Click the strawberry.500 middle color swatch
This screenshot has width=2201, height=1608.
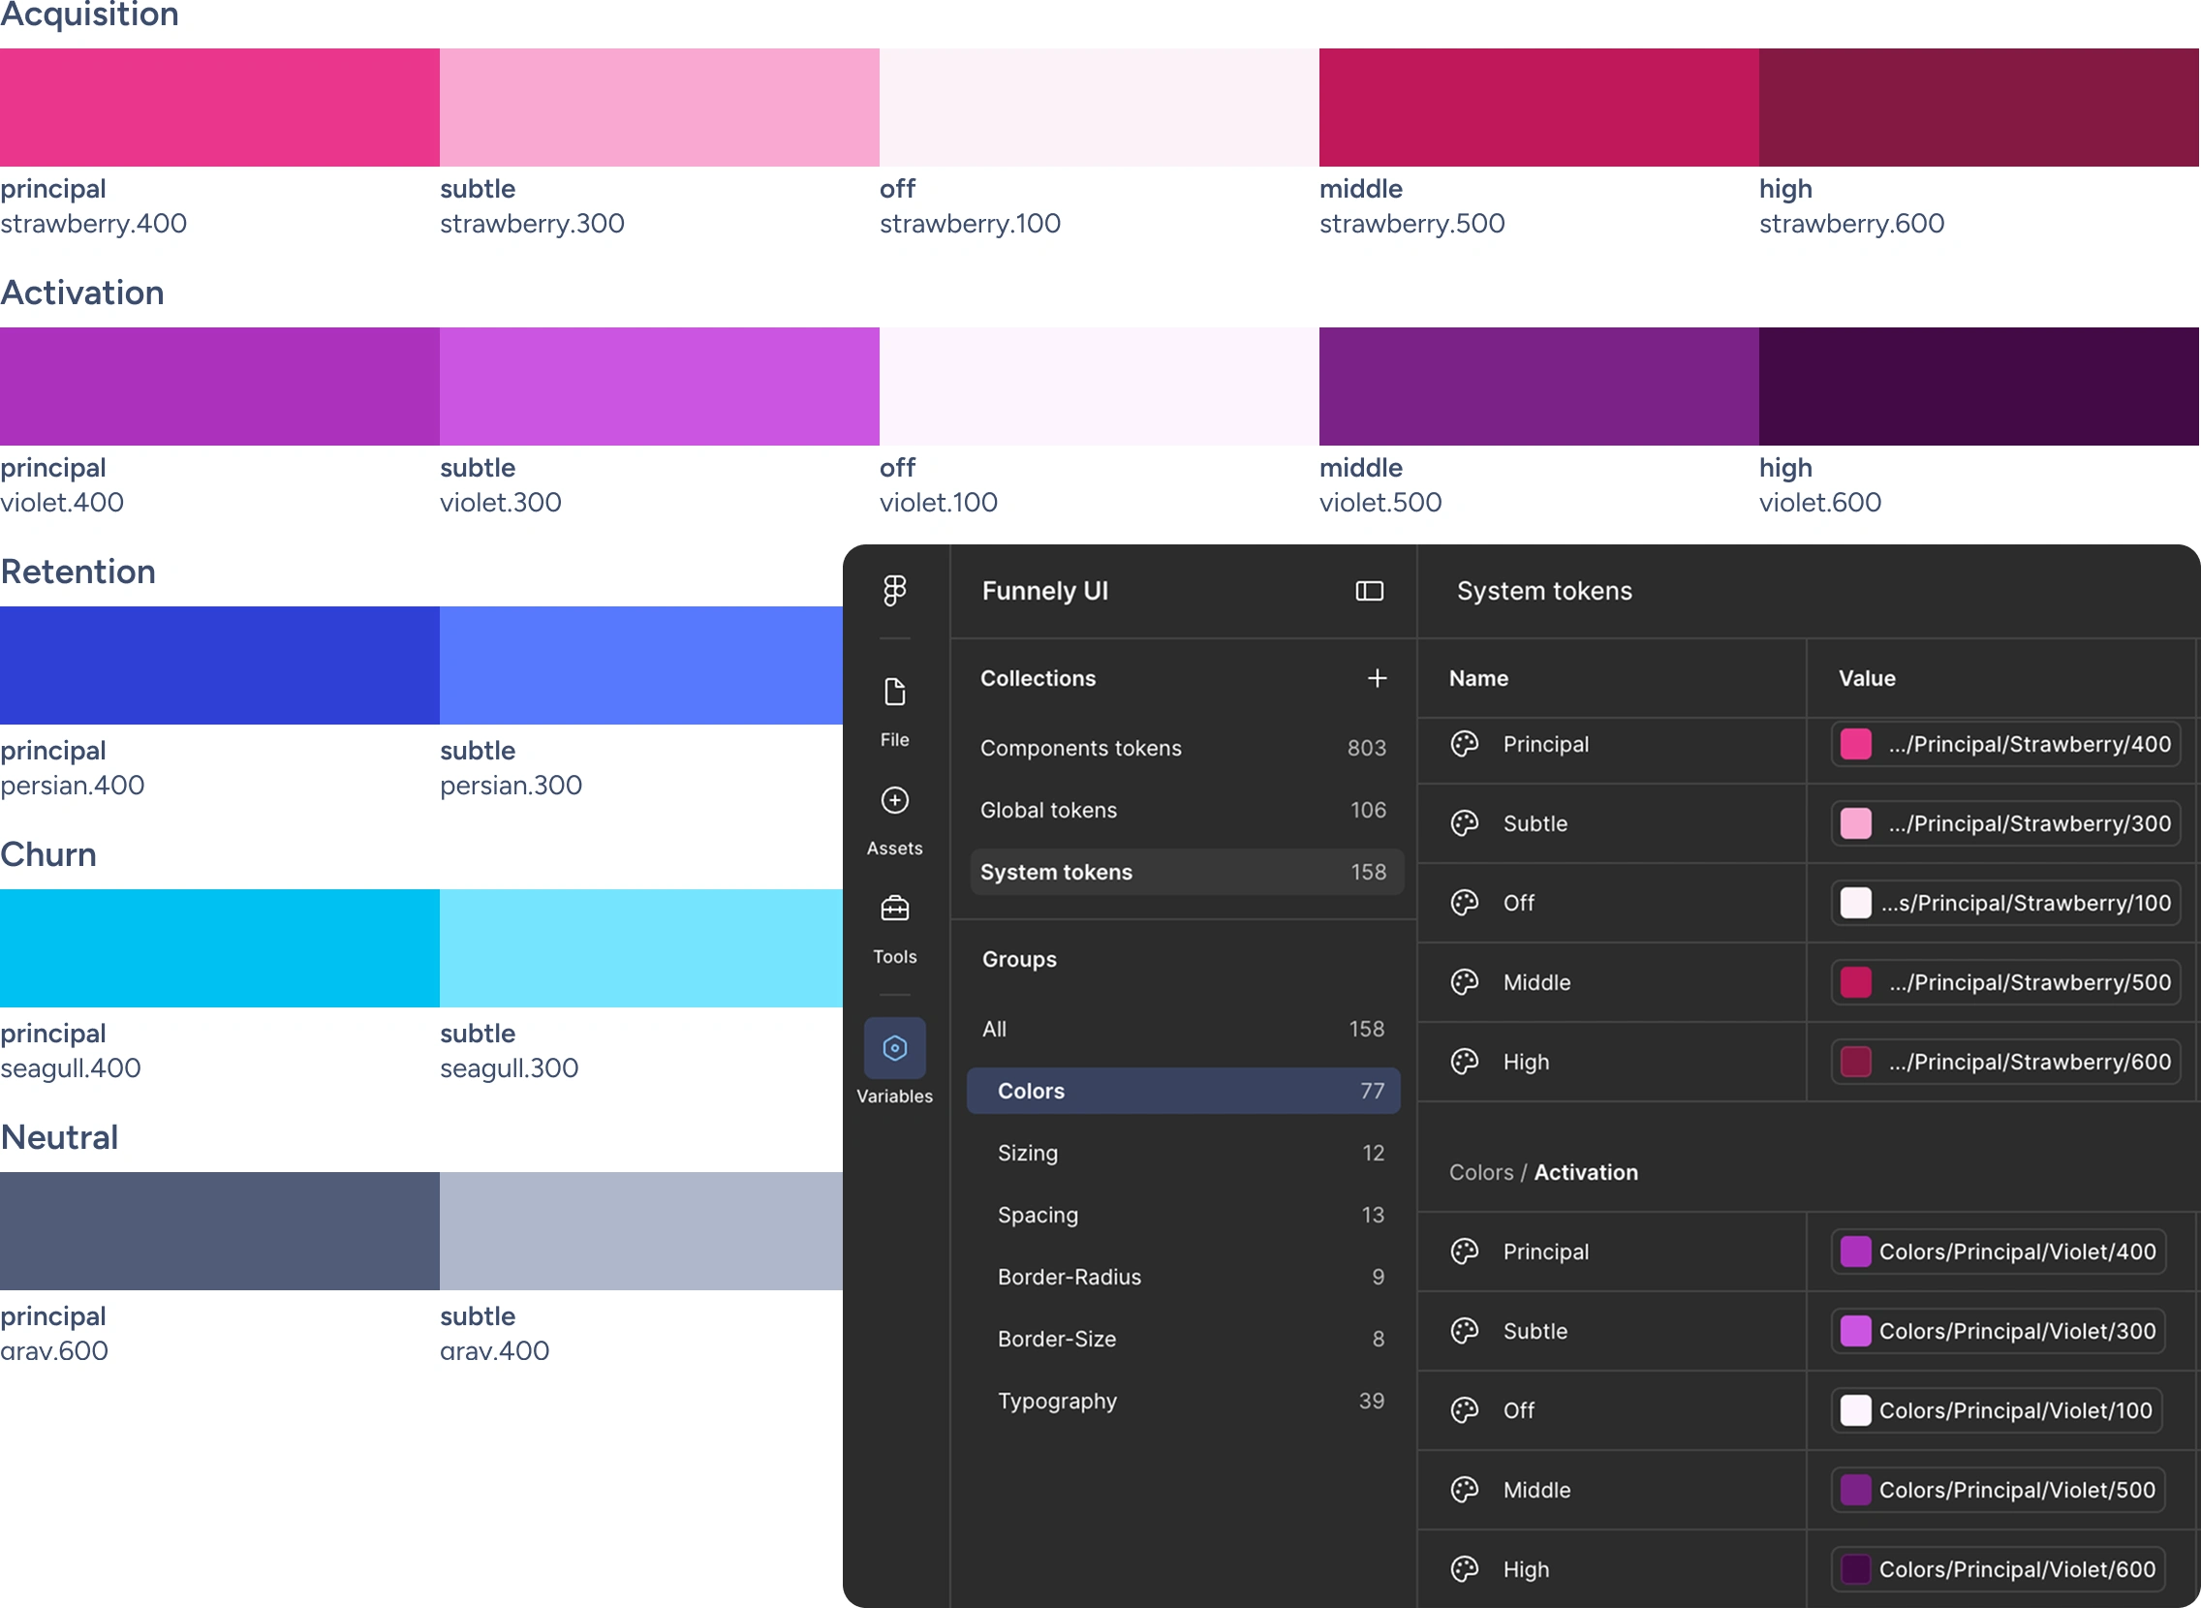coord(1539,108)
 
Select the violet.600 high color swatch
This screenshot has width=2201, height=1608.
coord(1979,387)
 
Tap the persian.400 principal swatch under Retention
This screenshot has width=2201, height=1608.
coord(220,665)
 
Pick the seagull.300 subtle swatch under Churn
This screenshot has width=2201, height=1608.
coord(641,948)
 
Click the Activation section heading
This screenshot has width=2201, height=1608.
coord(82,293)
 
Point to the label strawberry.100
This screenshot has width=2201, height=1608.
coord(971,224)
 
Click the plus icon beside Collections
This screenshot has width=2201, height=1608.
coord(1378,678)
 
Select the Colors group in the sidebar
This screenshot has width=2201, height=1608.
coord(1184,1091)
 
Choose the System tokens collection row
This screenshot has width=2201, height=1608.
coord(1187,872)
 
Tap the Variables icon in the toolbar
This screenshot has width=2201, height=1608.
coord(894,1048)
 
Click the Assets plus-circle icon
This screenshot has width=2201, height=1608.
coord(894,800)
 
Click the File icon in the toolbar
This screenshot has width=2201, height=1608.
coord(894,692)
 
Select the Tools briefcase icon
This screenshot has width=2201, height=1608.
coord(894,909)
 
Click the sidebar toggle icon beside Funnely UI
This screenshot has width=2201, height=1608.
coord(1370,591)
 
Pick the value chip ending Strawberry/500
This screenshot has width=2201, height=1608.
coord(2005,982)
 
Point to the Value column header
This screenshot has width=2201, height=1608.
coord(1867,678)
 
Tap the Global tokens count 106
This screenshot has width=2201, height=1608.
coord(1369,810)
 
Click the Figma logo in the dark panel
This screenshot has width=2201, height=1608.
coord(894,590)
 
